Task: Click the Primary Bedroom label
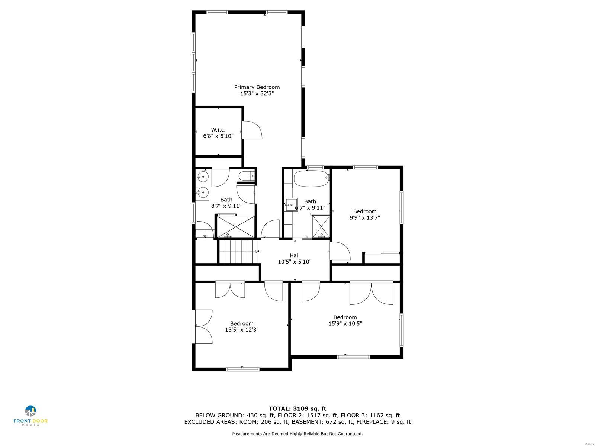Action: pos(257,87)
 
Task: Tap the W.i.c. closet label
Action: pos(218,130)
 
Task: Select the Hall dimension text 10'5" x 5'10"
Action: pos(295,262)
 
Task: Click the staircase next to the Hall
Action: pos(238,252)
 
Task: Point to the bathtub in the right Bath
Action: pos(311,178)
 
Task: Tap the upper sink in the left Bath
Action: pos(203,175)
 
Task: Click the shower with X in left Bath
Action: pos(236,226)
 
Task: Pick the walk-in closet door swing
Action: pos(253,130)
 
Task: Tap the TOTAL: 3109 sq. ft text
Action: pos(297,408)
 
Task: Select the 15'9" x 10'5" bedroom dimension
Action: pos(345,323)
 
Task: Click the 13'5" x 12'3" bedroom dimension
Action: pos(242,330)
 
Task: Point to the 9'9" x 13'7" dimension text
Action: pos(364,218)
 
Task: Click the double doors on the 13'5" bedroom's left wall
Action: pos(203,326)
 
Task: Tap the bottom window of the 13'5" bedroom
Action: pos(242,369)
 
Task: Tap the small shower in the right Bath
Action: pos(321,226)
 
